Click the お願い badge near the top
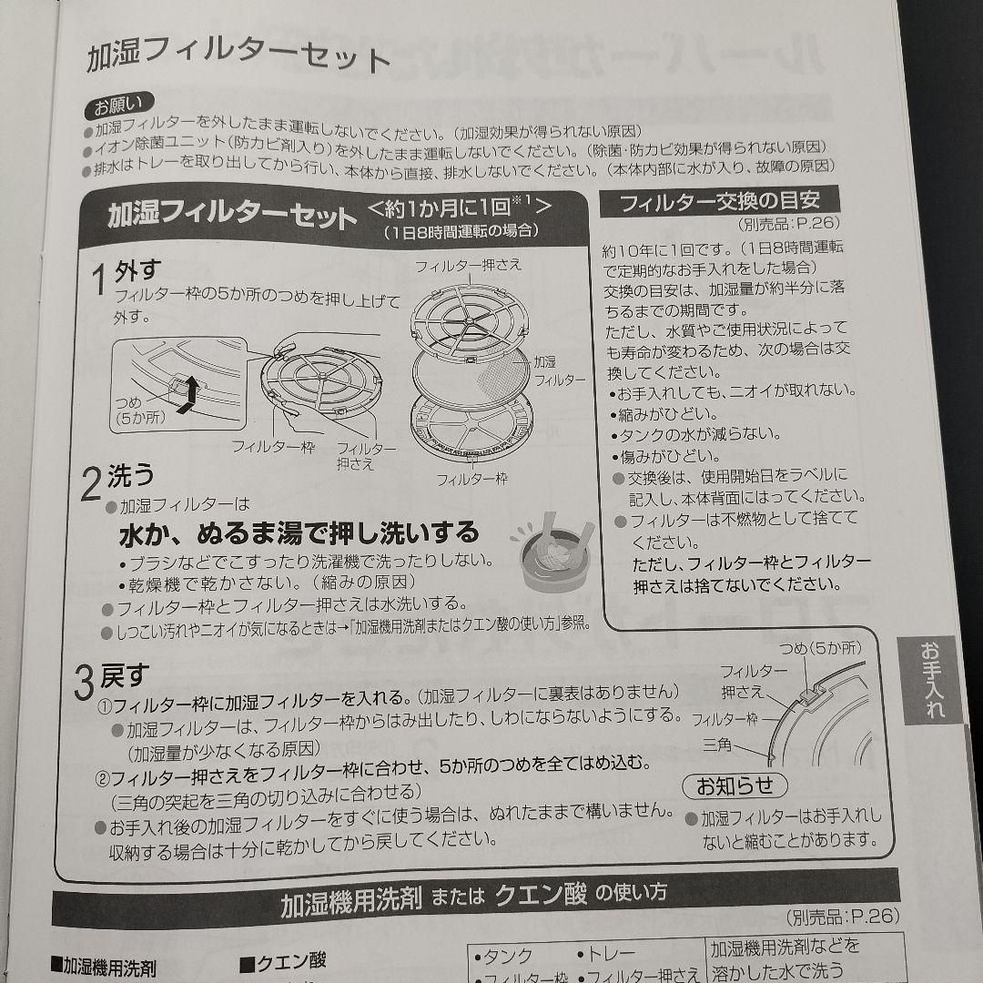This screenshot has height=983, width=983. (x=118, y=105)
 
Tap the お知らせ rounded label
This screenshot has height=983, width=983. (x=735, y=785)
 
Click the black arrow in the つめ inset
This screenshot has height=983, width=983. (x=188, y=395)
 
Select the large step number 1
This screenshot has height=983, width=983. (x=99, y=279)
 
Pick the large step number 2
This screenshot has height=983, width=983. (x=91, y=484)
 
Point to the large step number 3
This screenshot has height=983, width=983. (x=84, y=683)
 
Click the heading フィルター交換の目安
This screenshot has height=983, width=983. (x=719, y=201)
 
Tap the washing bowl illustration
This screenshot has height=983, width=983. (x=552, y=552)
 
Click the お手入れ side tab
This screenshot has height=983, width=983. (x=932, y=679)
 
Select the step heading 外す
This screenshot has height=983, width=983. (x=137, y=271)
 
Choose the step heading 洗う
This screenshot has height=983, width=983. (x=130, y=476)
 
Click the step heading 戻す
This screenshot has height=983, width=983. (x=125, y=675)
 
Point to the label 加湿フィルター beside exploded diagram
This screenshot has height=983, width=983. (x=559, y=370)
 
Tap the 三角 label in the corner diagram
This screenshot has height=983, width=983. (x=717, y=745)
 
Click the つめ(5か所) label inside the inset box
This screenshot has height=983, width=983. (x=139, y=409)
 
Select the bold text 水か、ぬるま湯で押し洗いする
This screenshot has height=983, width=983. (x=299, y=533)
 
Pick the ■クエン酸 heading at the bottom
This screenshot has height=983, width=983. (x=283, y=960)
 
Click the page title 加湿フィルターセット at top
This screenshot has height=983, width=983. (x=238, y=57)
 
